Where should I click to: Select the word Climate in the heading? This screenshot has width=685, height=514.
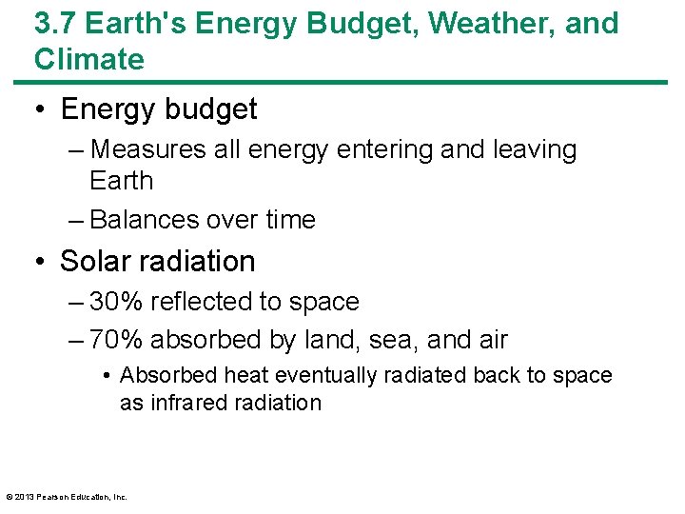pos(89,59)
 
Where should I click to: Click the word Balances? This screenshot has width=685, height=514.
pos(144,220)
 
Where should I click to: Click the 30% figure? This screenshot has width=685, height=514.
pos(114,302)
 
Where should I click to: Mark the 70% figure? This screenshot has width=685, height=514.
pos(114,340)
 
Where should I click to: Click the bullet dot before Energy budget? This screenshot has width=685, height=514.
pos(42,109)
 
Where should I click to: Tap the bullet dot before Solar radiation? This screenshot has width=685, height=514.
pos(42,261)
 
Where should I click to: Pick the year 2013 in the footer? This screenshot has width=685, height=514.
pos(25,496)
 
